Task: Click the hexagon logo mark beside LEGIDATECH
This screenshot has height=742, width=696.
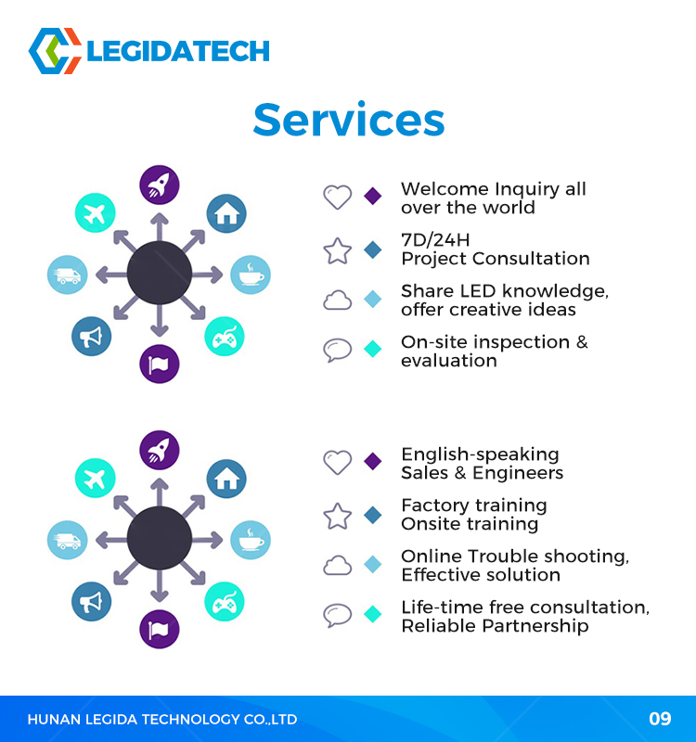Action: click(55, 51)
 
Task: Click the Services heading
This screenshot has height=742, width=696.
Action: click(349, 120)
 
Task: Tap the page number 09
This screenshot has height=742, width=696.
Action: click(660, 719)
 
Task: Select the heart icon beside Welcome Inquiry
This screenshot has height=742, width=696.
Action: click(338, 197)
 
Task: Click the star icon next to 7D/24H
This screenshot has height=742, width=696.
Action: click(338, 250)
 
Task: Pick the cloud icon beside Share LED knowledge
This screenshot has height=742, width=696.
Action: click(338, 300)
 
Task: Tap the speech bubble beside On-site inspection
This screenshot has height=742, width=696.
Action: click(338, 351)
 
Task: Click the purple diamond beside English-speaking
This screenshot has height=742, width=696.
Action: click(373, 461)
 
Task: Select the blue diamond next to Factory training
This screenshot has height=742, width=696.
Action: click(373, 515)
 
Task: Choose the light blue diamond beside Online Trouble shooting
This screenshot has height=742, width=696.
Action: click(373, 564)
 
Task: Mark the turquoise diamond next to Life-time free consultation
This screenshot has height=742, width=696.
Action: click(373, 614)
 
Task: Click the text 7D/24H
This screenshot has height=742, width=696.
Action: click(435, 240)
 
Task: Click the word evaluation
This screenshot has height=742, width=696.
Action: click(449, 361)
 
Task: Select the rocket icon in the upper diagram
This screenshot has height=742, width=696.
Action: click(160, 185)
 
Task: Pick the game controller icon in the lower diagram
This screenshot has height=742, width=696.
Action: click(225, 602)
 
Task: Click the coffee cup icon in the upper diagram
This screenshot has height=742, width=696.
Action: click(251, 275)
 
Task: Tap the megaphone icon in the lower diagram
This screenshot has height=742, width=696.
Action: click(91, 602)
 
